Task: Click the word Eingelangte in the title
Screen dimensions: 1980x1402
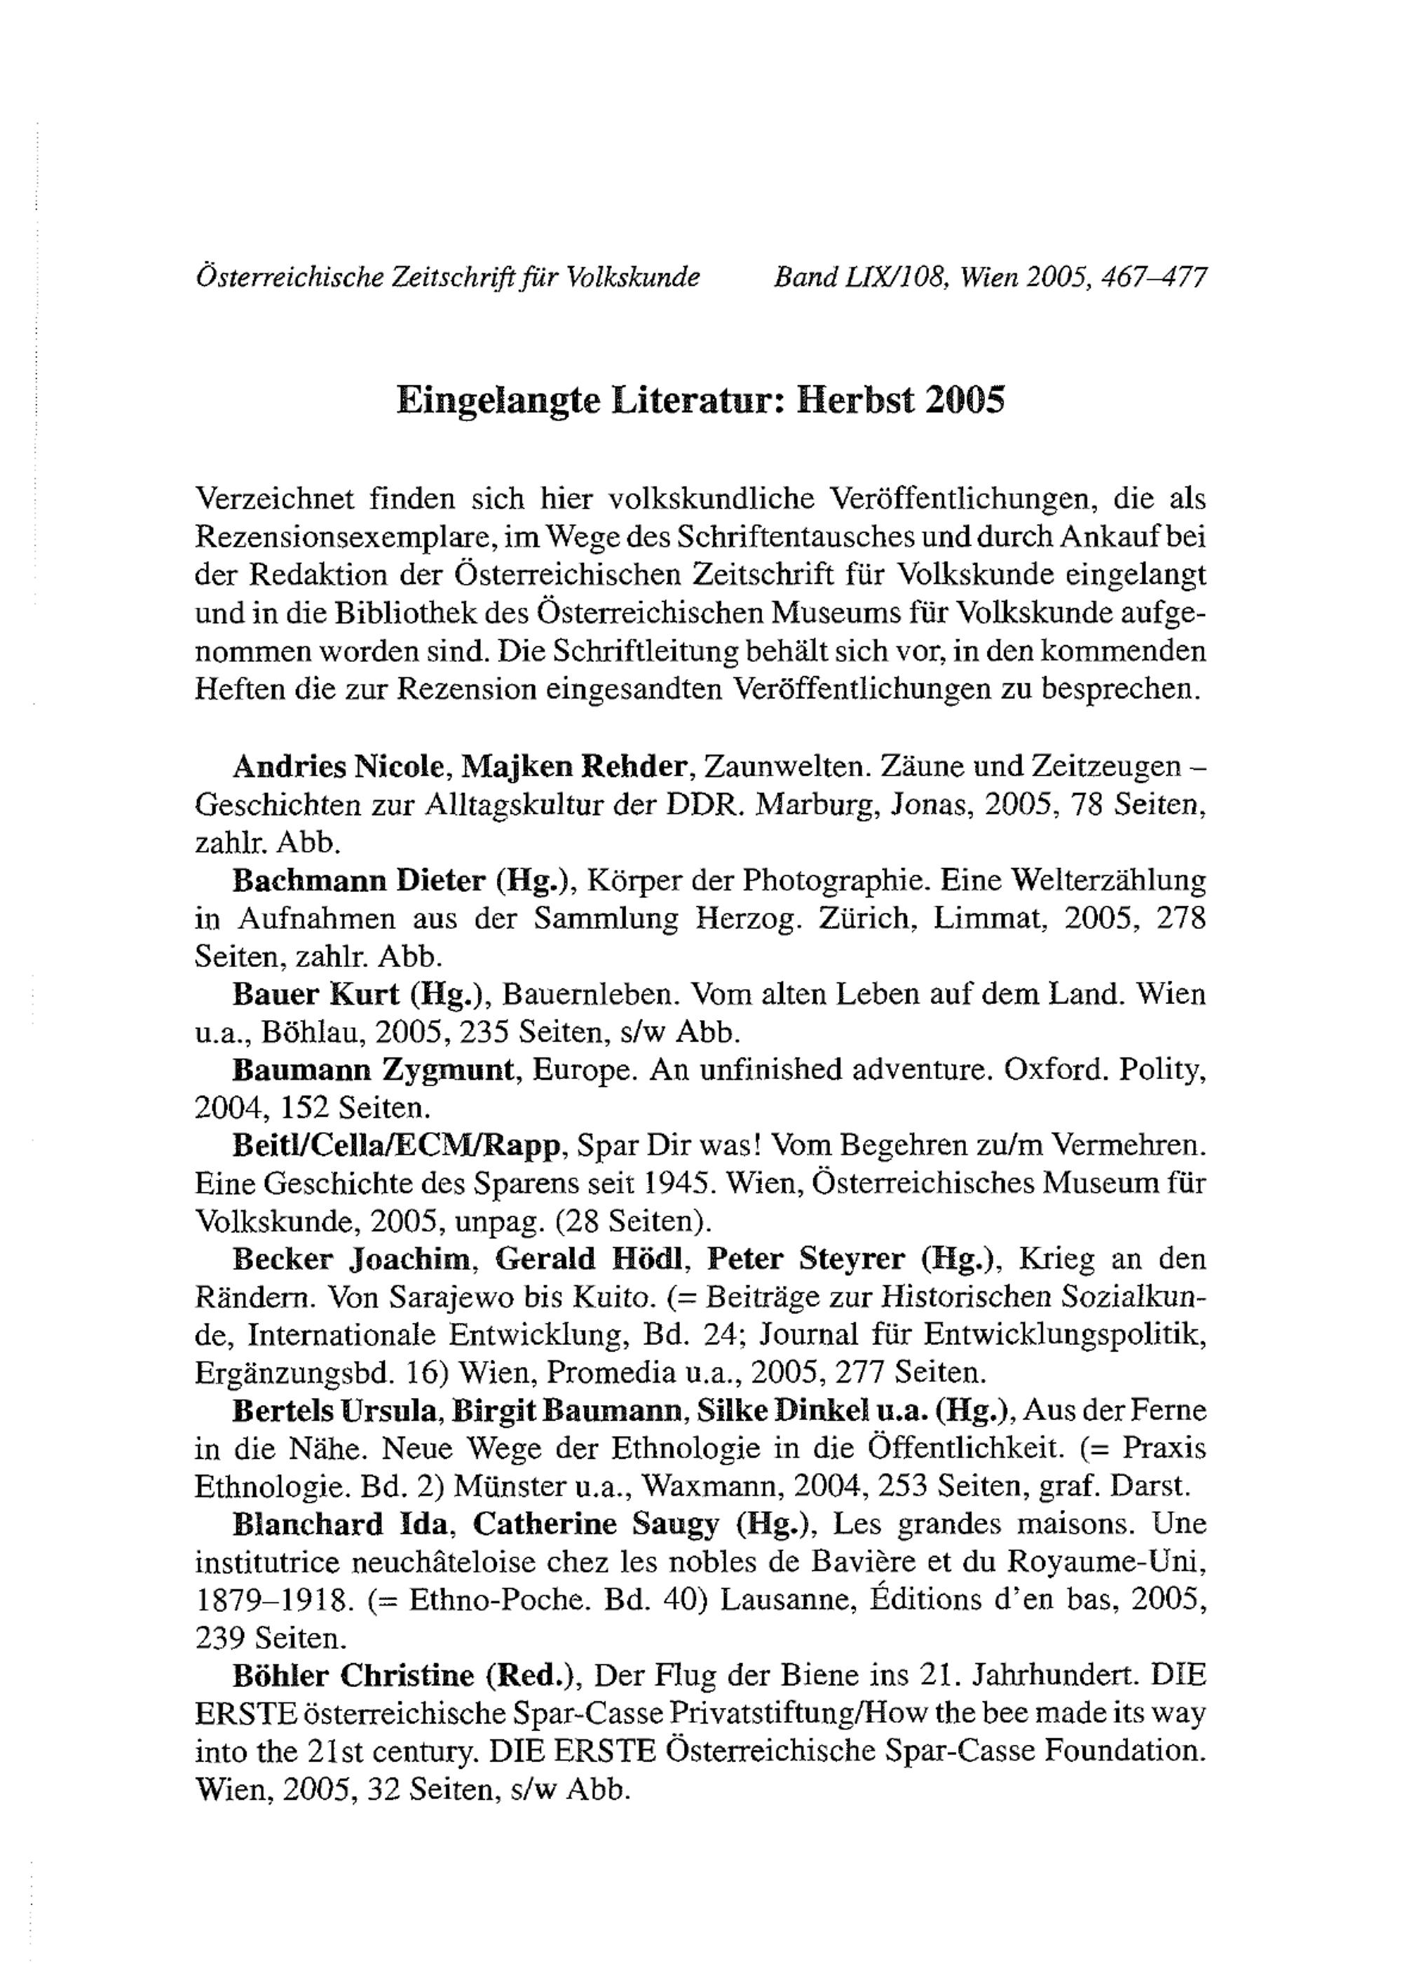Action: tap(498, 402)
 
